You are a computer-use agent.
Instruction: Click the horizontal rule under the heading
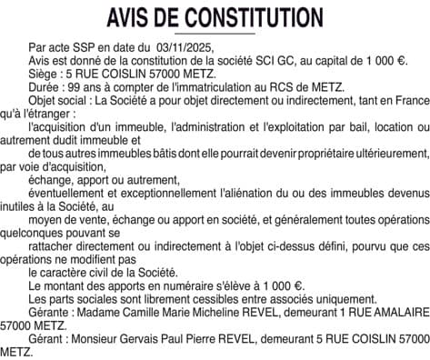tap(215, 35)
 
